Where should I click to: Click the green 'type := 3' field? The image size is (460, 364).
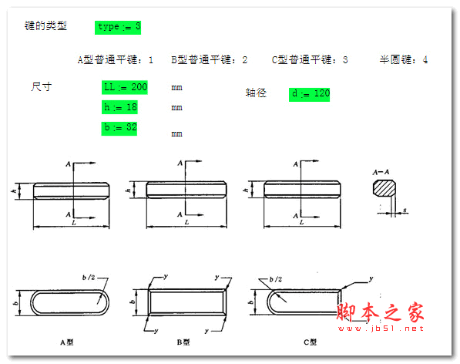(x=119, y=27)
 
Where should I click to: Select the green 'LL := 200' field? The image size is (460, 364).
(x=124, y=86)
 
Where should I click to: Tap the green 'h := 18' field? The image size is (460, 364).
(x=119, y=107)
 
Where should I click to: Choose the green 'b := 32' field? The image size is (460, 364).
(x=119, y=127)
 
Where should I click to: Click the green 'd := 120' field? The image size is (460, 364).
(x=311, y=94)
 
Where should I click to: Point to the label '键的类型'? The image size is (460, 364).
(x=46, y=26)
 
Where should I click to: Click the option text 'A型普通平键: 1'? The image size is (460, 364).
(x=116, y=59)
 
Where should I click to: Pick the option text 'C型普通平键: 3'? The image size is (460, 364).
(x=310, y=59)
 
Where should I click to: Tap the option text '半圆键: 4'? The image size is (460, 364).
(x=403, y=59)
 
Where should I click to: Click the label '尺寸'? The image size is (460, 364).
(x=41, y=86)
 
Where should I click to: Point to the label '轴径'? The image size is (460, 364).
(x=256, y=93)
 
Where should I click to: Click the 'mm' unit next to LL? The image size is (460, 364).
(x=176, y=88)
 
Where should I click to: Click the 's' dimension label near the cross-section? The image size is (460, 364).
(x=405, y=209)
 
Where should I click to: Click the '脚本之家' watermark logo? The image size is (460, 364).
(x=381, y=312)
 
